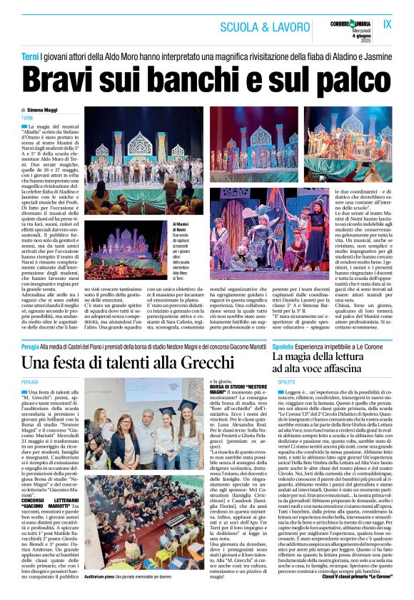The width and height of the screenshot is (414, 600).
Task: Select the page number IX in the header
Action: coord(389,24)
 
